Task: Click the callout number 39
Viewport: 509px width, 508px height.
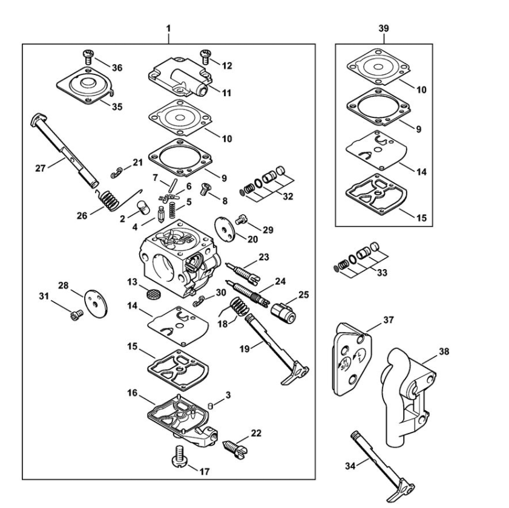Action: pos(384,28)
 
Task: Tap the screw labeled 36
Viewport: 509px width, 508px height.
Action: pos(88,57)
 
